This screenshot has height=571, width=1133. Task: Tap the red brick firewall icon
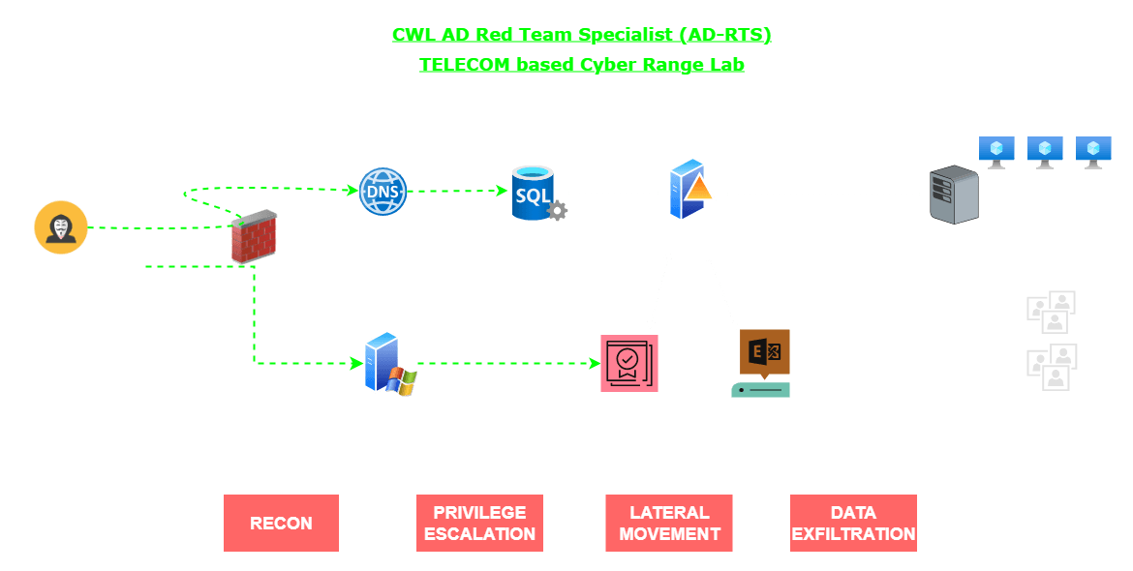pos(254,237)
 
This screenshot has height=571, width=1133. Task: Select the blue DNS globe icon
pos(383,192)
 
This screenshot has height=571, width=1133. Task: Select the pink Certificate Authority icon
pos(628,364)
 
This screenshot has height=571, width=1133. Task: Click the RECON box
pos(281,523)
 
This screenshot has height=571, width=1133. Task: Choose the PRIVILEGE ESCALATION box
pos(479,523)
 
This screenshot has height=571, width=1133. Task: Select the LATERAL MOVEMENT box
pos(669,523)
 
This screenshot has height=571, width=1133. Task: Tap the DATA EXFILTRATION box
pos(853,523)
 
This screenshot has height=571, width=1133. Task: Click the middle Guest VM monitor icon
pos(1045,151)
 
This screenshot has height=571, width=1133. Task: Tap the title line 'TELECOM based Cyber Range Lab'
pos(581,65)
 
